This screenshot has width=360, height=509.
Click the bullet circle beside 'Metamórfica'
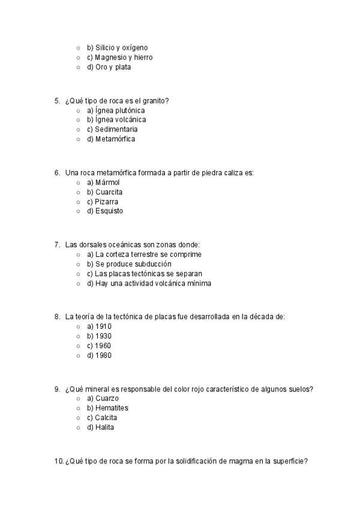[78, 139]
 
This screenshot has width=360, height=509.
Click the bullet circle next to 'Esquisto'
[78, 211]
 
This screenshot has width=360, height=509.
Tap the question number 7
[57, 245]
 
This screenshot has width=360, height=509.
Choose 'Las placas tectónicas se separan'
[144, 274]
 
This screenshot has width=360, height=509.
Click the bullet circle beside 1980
[78, 355]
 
